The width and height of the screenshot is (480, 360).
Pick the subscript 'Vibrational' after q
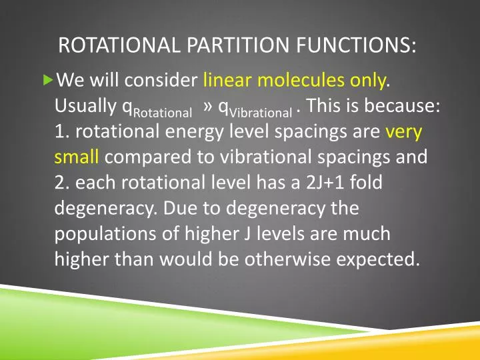coord(261,113)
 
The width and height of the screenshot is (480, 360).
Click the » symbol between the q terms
coord(207,107)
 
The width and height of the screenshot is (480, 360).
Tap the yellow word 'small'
coord(76,157)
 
